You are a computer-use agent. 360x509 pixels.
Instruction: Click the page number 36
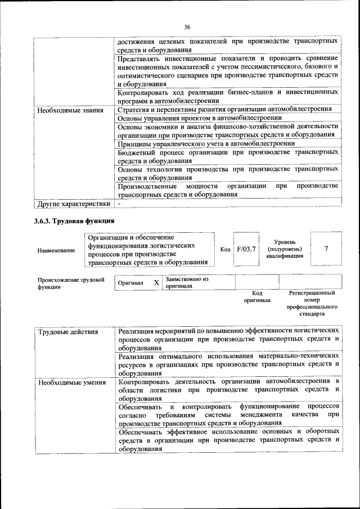point(188,26)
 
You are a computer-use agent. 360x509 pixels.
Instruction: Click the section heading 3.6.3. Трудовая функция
point(74,220)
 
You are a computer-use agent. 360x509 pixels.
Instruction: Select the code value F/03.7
point(246,249)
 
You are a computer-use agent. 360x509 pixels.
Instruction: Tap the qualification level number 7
point(326,249)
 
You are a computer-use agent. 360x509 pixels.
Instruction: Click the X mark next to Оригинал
point(156,282)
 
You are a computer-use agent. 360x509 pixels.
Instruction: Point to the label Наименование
point(56,250)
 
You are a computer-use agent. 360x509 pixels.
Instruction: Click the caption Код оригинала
point(257,296)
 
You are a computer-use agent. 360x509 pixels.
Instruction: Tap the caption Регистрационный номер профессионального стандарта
point(312,304)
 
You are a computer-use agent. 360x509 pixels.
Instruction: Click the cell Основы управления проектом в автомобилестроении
point(199,118)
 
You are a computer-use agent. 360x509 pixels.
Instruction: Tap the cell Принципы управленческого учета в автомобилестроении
point(206,143)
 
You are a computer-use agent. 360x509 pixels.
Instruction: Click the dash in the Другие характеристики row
point(119,203)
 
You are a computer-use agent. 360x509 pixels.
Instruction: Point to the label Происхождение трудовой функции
point(71,282)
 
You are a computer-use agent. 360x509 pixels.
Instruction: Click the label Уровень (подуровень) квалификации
point(285,249)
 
